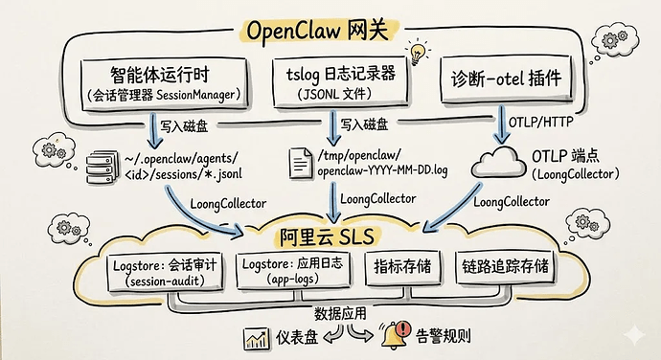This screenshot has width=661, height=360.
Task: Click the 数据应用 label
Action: point(340,312)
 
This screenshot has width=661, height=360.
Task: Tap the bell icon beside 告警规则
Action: point(393,337)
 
